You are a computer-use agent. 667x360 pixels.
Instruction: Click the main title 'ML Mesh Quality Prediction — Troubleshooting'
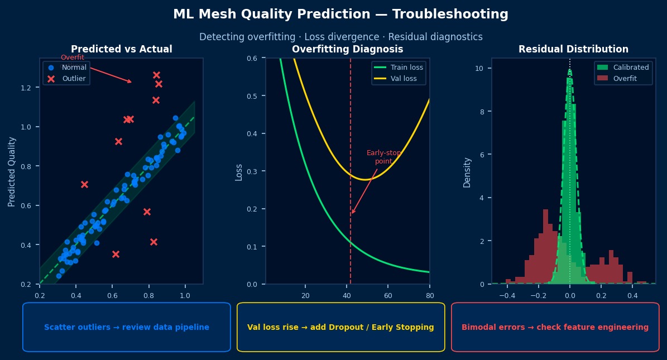click(x=340, y=15)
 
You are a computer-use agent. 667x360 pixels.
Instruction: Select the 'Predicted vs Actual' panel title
click(x=121, y=49)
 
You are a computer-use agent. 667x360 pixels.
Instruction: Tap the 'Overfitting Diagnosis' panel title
click(x=347, y=49)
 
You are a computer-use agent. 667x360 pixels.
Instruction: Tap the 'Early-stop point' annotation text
click(x=383, y=157)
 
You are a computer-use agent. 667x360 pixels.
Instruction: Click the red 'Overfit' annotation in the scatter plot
click(x=73, y=57)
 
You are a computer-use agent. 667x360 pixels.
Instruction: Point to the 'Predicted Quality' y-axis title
click(x=12, y=171)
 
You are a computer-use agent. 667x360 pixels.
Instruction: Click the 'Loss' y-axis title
click(x=239, y=171)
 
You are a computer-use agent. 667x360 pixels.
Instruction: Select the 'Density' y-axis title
click(x=467, y=172)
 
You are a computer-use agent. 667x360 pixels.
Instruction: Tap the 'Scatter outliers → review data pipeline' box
click(x=127, y=327)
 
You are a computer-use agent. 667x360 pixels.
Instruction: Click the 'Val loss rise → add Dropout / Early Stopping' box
click(x=340, y=327)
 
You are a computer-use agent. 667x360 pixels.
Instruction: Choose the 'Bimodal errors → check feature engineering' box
click(x=555, y=327)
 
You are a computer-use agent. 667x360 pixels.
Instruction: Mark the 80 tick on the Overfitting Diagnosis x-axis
click(x=429, y=295)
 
